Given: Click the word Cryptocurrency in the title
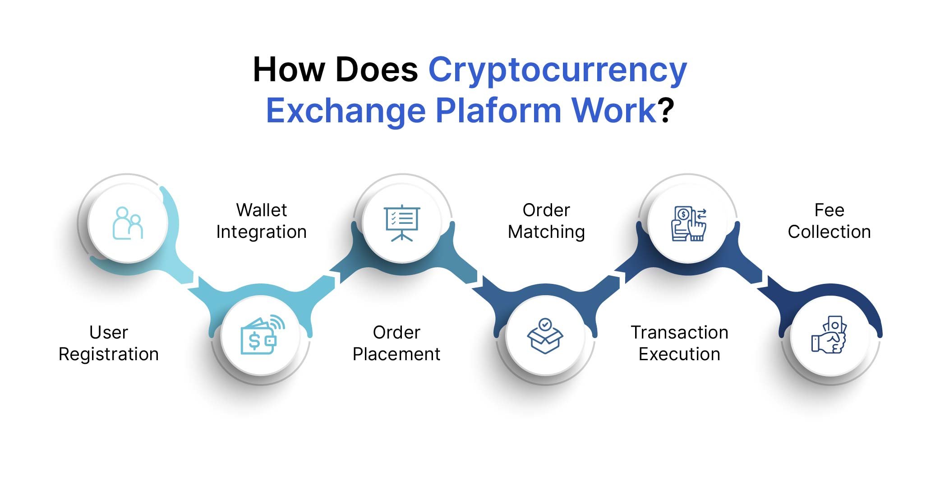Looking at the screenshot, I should click(x=557, y=70).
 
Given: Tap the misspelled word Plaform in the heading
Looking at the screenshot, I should click(x=498, y=111).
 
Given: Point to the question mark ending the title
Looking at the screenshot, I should click(x=666, y=111).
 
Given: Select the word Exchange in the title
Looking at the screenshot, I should click(x=346, y=111).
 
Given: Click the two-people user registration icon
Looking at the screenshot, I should click(x=128, y=223).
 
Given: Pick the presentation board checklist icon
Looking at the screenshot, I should click(x=401, y=223).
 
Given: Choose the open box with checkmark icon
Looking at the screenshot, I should click(x=545, y=336).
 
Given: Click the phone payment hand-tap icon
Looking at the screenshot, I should click(x=689, y=223).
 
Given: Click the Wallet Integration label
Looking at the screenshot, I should click(x=262, y=221).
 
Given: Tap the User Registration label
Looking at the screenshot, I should click(x=109, y=343).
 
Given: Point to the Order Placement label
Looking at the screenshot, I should click(x=396, y=343).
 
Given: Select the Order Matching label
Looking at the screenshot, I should click(x=546, y=221).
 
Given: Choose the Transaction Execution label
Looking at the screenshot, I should click(x=679, y=343).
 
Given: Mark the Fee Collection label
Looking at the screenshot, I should click(x=829, y=221).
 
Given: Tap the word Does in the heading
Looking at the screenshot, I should click(x=376, y=70).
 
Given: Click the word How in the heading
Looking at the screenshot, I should click(x=289, y=70).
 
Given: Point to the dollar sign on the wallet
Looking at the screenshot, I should click(x=254, y=341).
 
